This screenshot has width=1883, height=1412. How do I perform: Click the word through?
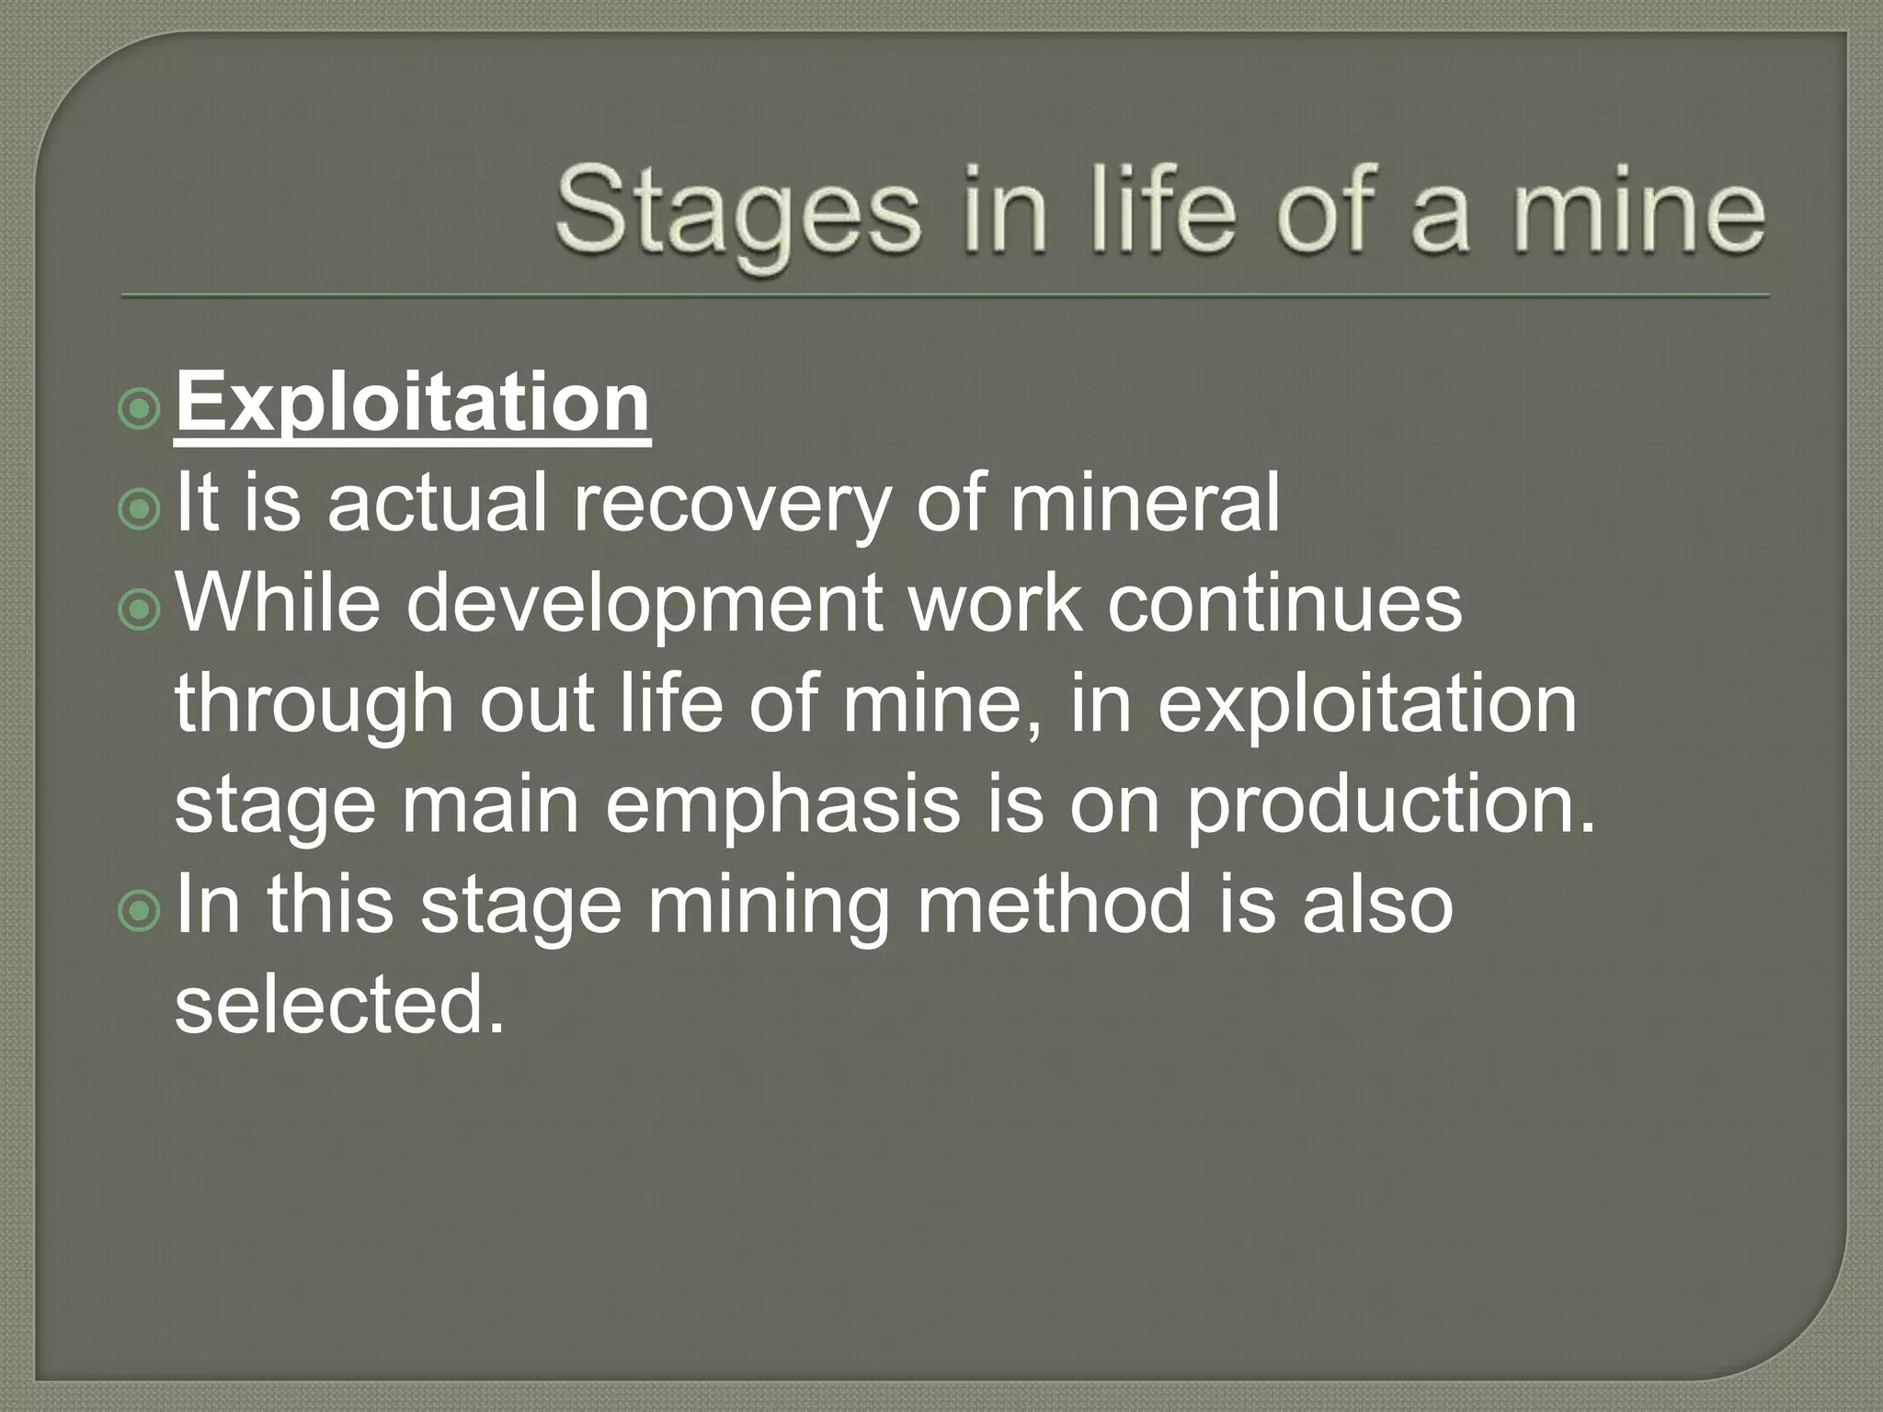(x=315, y=706)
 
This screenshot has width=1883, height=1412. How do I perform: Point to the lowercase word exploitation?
(x=1367, y=706)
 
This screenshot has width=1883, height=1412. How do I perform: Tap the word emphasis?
(x=782, y=805)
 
